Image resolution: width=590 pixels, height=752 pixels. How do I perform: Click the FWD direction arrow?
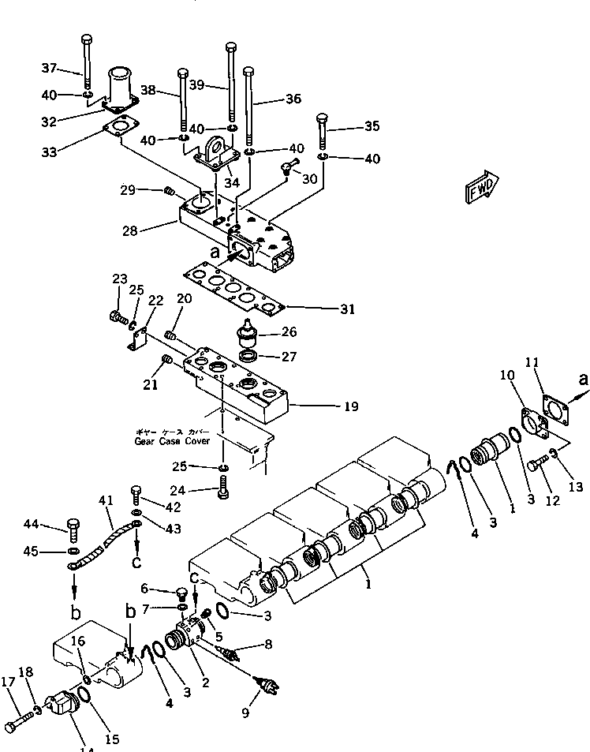480,189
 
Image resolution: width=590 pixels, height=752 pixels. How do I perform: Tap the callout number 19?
350,407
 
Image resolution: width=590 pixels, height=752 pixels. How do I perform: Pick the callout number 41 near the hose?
105,499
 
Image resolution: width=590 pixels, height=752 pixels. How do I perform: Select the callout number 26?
289,332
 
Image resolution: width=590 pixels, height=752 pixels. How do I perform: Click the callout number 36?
293,99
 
